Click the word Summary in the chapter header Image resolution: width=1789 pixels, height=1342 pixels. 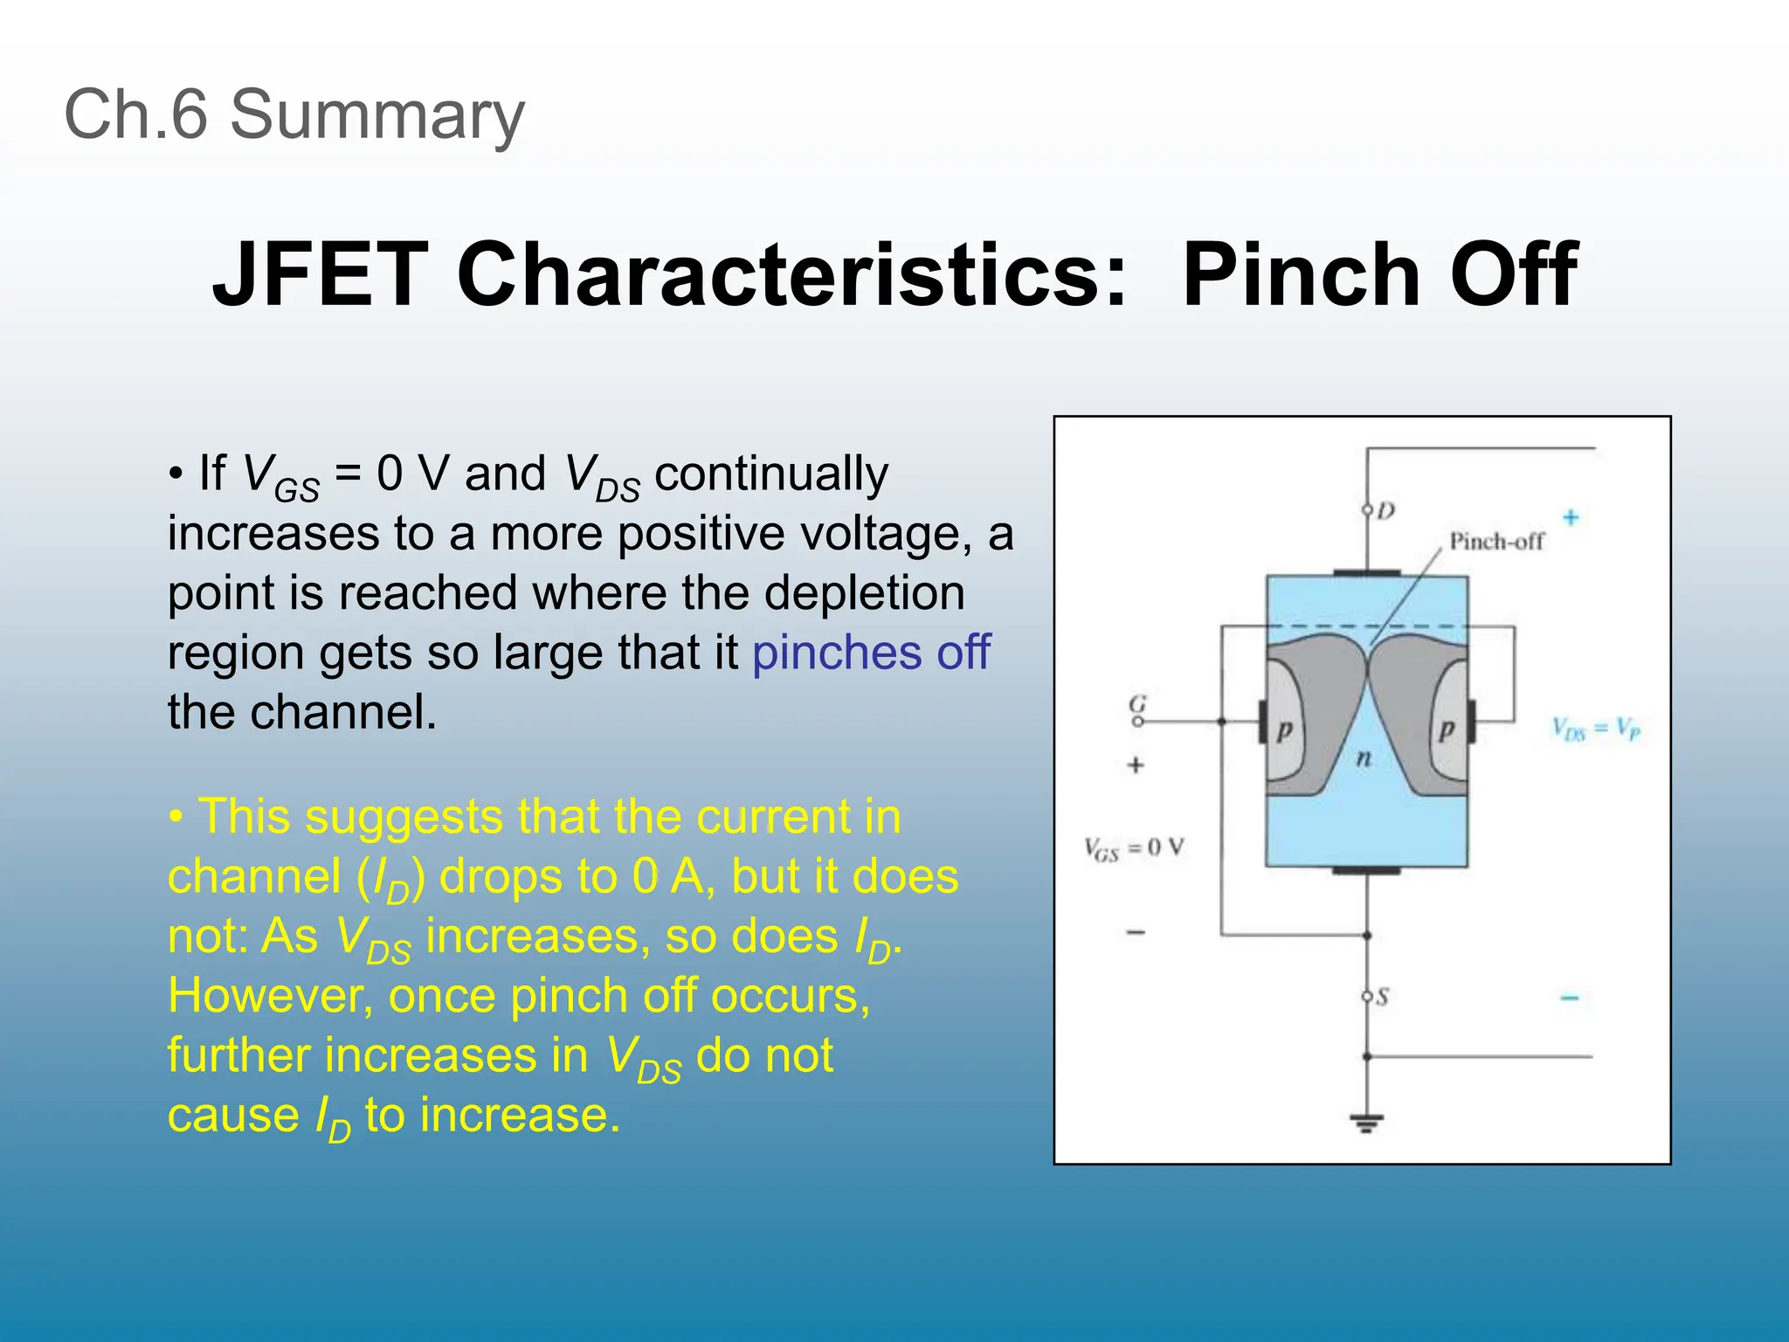coord(376,116)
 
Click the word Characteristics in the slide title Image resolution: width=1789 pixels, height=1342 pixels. coord(791,275)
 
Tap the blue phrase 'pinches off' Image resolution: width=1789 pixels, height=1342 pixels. coord(871,653)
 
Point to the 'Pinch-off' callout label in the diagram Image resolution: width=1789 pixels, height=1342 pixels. coord(1496,542)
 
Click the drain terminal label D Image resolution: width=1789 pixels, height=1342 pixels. coord(1386,510)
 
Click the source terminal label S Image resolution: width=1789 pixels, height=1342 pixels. coord(1382,997)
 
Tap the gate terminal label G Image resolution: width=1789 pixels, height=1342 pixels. coord(1137,703)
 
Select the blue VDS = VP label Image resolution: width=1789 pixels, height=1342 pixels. coord(1596,729)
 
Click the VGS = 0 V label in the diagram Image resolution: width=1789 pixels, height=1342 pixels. coord(1134,848)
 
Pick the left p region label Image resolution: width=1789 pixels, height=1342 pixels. coord(1284,730)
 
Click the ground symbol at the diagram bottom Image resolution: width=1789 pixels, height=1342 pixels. coord(1366,1122)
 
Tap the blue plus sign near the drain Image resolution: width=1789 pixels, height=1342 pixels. coord(1571,517)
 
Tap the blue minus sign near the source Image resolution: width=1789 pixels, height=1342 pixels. coord(1570,998)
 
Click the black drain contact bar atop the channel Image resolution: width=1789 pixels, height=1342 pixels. coord(1366,573)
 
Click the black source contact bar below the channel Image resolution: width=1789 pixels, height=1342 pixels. coord(1366,870)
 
